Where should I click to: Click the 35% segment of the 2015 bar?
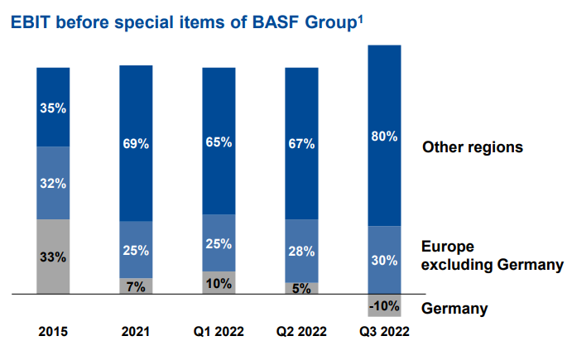(53, 107)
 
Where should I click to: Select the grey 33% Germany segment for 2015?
(53, 257)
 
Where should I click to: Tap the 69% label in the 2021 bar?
(136, 144)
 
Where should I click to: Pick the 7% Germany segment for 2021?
(136, 286)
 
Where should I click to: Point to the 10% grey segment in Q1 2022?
(219, 282)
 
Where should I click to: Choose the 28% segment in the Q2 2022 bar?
(301, 251)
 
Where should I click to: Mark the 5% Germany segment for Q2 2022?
(301, 288)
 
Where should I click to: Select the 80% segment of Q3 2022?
(384, 136)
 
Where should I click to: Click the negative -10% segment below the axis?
(384, 305)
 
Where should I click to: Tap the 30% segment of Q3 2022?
(384, 260)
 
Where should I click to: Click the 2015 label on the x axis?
(53, 333)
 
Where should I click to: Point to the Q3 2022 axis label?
(384, 333)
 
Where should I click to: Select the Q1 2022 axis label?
(219, 333)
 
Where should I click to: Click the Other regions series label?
(473, 147)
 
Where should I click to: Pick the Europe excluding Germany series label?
(492, 256)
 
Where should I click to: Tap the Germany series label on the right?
(454, 309)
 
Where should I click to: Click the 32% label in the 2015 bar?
(53, 183)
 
